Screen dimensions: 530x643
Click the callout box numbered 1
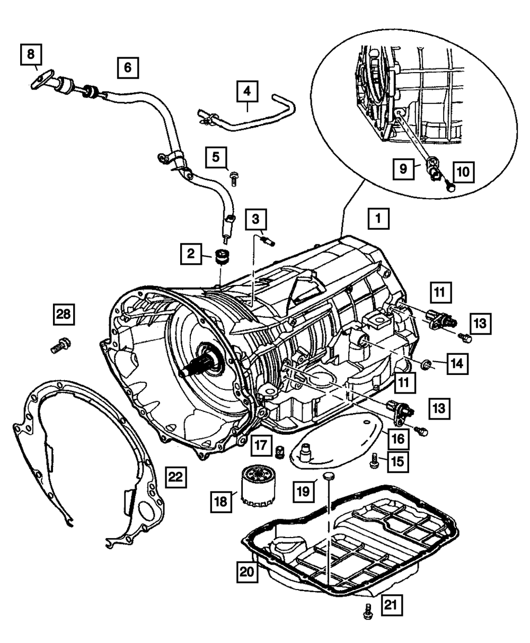click(x=378, y=219)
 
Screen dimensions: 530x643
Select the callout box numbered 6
click(x=128, y=67)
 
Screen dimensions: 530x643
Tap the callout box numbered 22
click(x=175, y=477)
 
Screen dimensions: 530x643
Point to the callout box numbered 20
click(x=247, y=572)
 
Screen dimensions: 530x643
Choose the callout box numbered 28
click(x=64, y=315)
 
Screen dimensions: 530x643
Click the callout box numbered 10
click(x=463, y=172)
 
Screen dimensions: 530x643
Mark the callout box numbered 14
click(x=457, y=364)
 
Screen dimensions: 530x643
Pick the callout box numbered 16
click(x=398, y=439)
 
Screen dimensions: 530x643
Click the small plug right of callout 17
click(x=279, y=452)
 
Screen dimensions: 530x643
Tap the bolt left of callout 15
click(x=374, y=461)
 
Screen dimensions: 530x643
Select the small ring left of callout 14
click(x=426, y=365)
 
